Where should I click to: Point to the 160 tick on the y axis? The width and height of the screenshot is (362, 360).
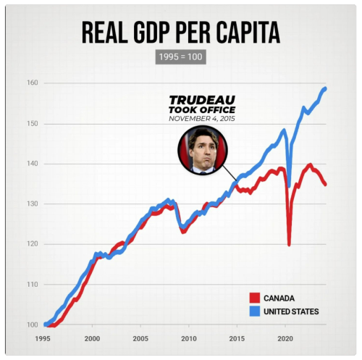[x=33, y=83]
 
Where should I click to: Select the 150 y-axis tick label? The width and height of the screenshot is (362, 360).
[x=33, y=124]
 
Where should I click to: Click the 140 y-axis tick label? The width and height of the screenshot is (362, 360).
[x=33, y=164]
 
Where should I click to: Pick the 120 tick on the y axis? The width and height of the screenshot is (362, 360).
[x=33, y=244]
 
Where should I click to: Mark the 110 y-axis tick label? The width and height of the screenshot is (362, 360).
[x=33, y=284]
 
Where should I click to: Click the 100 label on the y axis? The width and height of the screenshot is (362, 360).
[x=33, y=324]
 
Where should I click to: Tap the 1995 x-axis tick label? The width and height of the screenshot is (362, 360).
[x=44, y=338]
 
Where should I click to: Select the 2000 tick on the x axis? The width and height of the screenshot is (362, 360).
[x=92, y=338]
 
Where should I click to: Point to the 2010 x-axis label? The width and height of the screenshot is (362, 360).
[x=188, y=338]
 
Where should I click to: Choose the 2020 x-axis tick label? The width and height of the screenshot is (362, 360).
[x=285, y=338]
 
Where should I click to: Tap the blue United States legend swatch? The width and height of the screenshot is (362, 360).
[x=254, y=311]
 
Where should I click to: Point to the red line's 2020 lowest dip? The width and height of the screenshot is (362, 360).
[x=289, y=245]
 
